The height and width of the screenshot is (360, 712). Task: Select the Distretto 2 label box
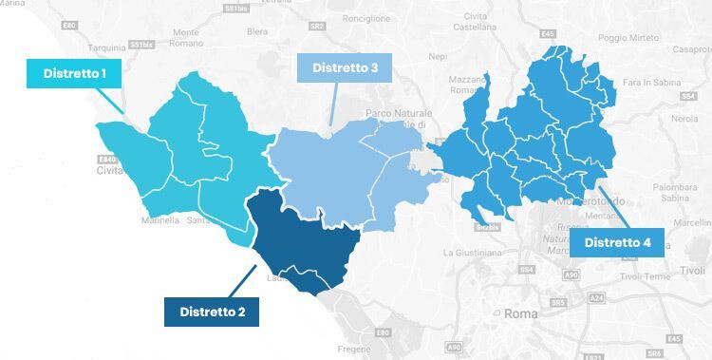(x=213, y=311)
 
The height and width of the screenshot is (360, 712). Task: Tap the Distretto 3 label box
(x=346, y=67)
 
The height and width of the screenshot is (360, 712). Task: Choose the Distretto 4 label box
(x=617, y=243)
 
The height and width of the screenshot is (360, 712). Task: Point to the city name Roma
(x=521, y=313)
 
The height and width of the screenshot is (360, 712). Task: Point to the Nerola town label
(x=684, y=119)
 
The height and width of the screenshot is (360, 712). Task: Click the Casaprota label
(x=690, y=49)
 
